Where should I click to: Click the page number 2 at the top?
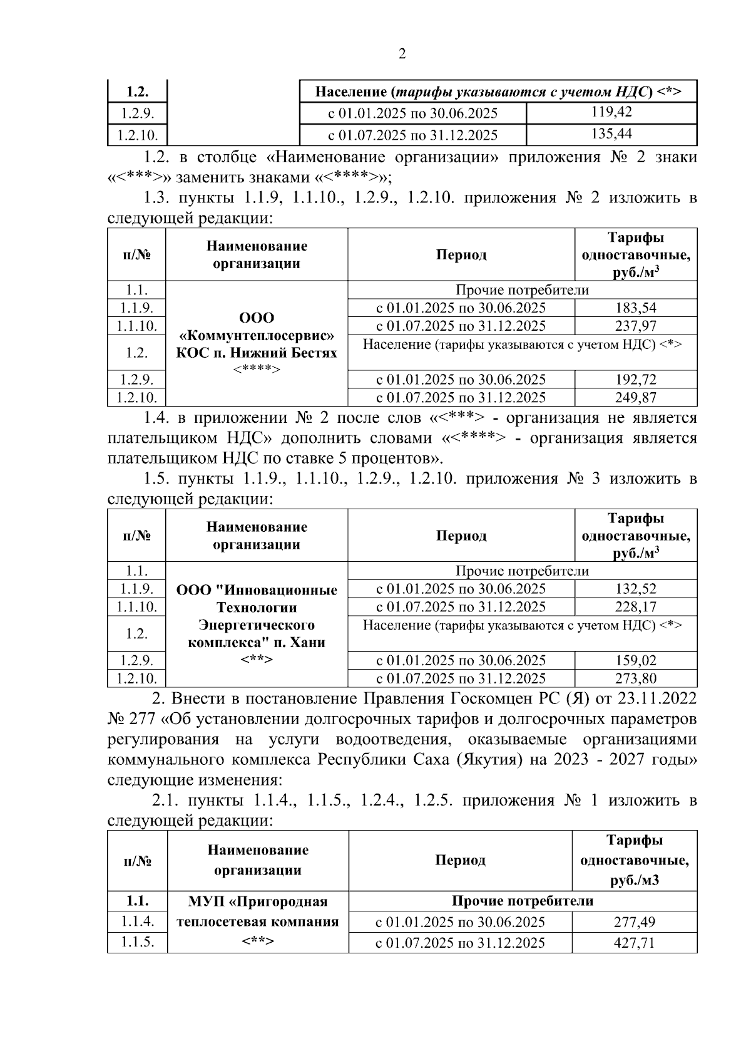click(402, 54)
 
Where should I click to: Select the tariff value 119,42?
click(611, 113)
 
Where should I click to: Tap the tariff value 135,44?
click(611, 134)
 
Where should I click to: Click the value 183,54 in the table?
click(635, 308)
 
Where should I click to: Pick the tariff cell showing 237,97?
click(635, 326)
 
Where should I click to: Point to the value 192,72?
click(635, 380)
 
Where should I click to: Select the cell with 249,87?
click(635, 397)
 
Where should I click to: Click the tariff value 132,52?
click(635, 589)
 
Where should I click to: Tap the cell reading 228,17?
click(635, 606)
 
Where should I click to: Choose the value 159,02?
click(635, 660)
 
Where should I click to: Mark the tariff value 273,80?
click(635, 678)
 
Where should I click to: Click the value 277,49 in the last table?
click(634, 922)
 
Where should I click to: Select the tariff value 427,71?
click(634, 943)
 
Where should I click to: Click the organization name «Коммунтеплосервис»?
click(257, 335)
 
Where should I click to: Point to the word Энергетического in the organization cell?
click(257, 625)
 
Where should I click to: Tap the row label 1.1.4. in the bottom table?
click(137, 921)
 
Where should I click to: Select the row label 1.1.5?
click(137, 942)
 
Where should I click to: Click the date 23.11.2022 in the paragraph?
click(657, 698)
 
